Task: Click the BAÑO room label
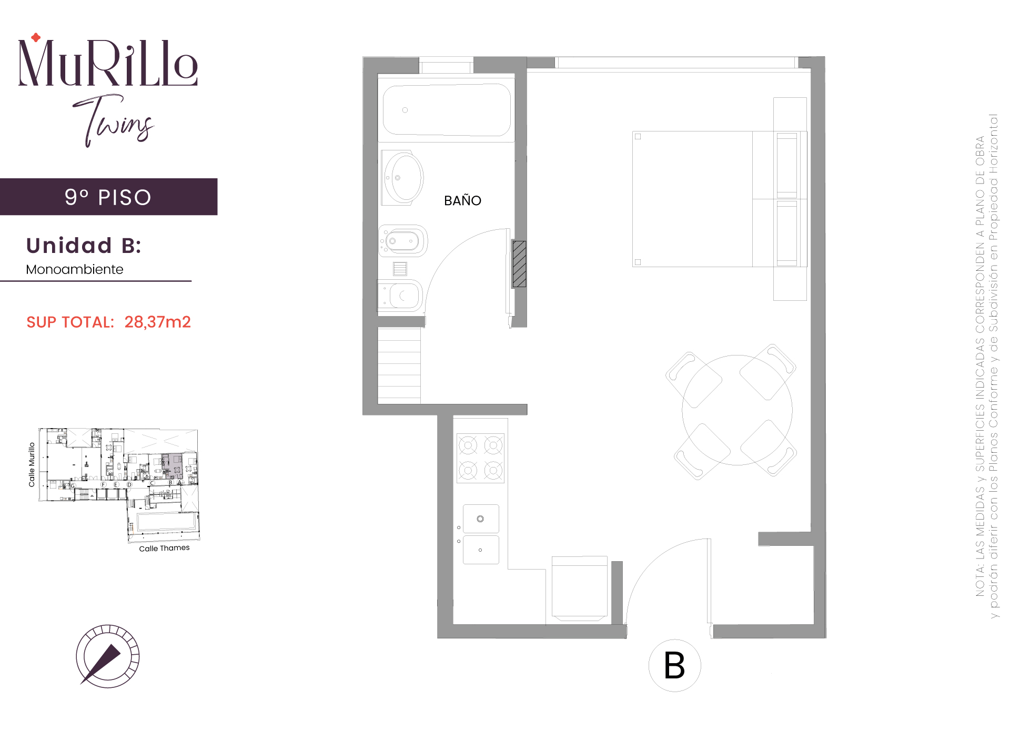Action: click(462, 200)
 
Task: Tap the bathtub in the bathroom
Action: click(447, 110)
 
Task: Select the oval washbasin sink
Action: click(403, 178)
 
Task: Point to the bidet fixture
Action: click(403, 241)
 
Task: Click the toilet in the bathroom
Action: click(400, 296)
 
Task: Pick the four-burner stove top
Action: click(480, 458)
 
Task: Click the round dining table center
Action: click(737, 410)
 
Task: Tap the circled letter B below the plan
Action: click(674, 665)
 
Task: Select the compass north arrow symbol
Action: click(108, 656)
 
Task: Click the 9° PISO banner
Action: click(108, 197)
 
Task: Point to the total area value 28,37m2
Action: click(157, 322)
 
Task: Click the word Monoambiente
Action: click(75, 269)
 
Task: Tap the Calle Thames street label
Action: click(164, 548)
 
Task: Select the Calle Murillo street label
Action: click(32, 464)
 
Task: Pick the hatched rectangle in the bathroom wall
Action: click(520, 264)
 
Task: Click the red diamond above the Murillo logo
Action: click(36, 37)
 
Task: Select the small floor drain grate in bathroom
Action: click(400, 269)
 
